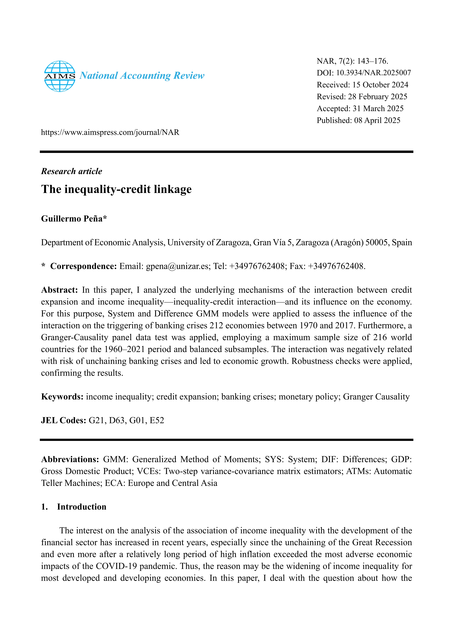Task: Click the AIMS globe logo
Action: point(60,76)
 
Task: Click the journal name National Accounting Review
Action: point(142,76)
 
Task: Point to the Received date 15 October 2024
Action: point(380,85)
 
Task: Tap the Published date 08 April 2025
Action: point(377,120)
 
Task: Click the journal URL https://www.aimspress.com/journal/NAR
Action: point(110,132)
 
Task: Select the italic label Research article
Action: point(72,171)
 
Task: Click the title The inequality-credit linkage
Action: point(116,189)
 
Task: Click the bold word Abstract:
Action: point(59,290)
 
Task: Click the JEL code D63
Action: point(117,420)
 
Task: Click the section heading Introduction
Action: point(81,507)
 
